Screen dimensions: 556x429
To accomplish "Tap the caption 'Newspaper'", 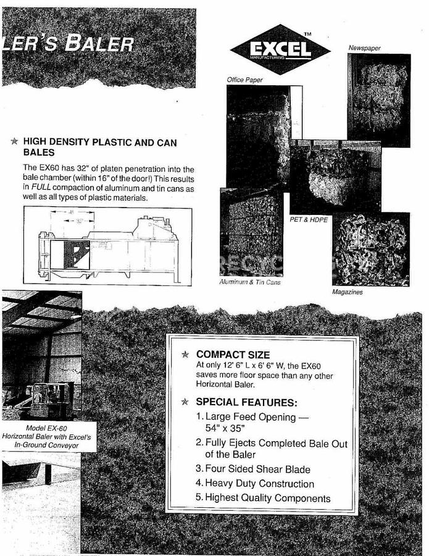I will pos(364,48).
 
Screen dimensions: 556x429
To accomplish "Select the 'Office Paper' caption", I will pos(245,80).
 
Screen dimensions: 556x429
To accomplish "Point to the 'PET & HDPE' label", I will pos(309,219).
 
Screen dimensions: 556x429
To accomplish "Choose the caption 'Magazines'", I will pos(348,292).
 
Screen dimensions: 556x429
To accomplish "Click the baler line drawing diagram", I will pos(108,245).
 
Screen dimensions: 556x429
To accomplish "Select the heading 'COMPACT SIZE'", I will pos(233,355).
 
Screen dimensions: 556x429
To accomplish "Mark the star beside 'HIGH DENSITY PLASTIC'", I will pos(14,142).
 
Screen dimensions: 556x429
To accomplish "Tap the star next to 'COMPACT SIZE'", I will pos(184,355).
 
